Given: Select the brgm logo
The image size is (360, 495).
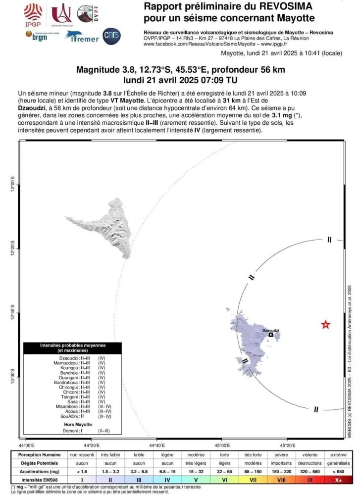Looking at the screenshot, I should pyautogui.click(x=36, y=36).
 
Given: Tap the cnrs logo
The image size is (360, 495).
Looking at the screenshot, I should pyautogui.click(x=111, y=36).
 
